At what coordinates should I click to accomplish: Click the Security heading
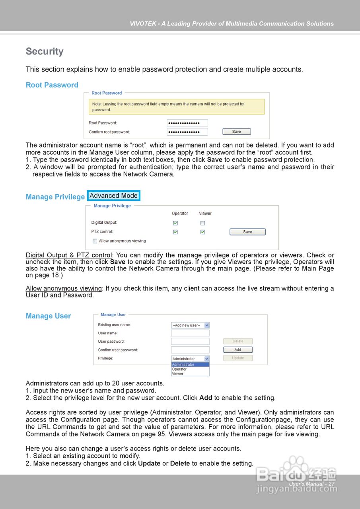[45, 52]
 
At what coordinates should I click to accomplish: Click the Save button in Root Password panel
[236, 132]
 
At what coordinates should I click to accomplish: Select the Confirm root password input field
[187, 132]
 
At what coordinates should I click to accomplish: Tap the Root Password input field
[187, 123]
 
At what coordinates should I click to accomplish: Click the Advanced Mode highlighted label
[114, 196]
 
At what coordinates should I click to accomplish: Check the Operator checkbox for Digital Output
[175, 223]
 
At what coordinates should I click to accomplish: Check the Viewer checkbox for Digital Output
[203, 223]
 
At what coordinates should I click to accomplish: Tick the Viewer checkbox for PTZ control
[203, 232]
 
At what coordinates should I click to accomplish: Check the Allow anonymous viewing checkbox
[95, 241]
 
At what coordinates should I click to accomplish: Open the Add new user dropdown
[190, 325]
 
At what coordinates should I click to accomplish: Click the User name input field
[190, 333]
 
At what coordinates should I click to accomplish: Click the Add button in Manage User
[238, 350]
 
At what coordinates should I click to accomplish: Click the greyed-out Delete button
[238, 341]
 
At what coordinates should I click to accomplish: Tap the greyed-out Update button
[238, 358]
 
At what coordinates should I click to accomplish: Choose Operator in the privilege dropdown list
[179, 369]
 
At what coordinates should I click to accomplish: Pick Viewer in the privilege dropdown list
[178, 374]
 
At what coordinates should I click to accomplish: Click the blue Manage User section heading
[48, 316]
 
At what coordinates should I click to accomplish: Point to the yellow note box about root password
[176, 107]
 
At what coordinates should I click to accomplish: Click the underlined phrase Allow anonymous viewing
[64, 288]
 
